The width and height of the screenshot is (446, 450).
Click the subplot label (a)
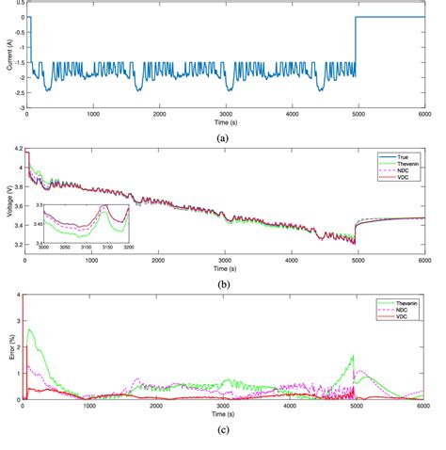(x=222, y=137)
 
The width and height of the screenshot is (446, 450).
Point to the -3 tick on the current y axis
(x=18, y=107)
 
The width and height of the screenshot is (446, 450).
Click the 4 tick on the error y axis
(x=19, y=295)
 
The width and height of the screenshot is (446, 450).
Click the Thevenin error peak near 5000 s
(x=353, y=357)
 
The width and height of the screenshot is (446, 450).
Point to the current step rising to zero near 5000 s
(x=355, y=47)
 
